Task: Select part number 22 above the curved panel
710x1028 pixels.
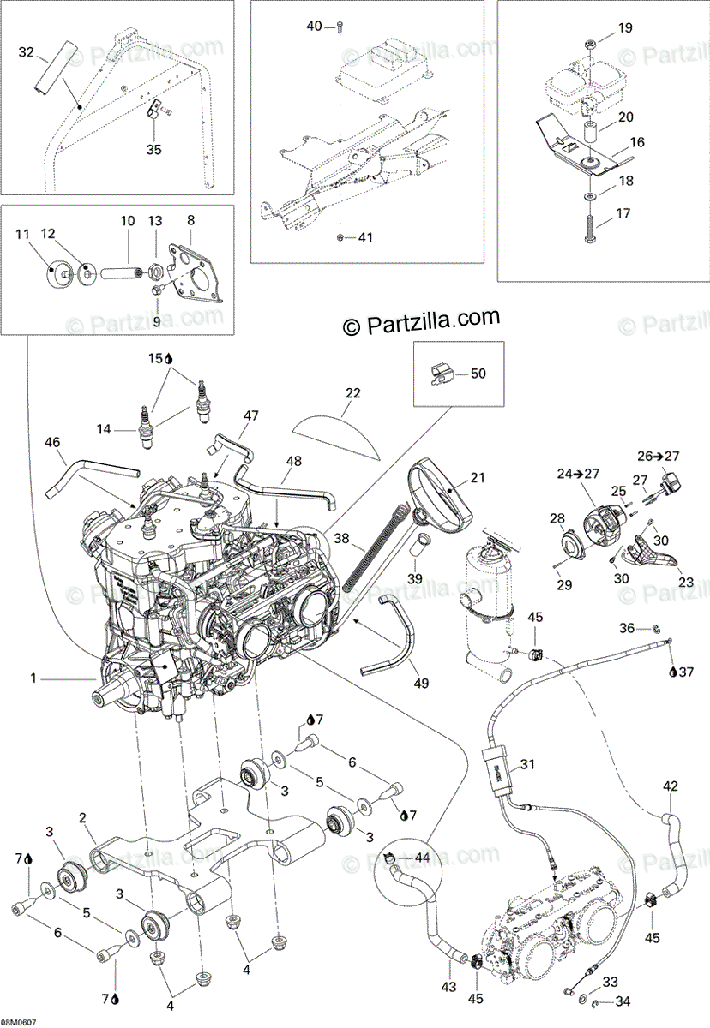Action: coord(352,393)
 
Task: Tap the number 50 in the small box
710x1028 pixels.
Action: coord(478,374)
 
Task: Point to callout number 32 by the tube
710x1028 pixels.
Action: coord(27,53)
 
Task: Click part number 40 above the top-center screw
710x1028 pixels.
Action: coord(315,27)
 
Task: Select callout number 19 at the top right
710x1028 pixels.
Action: coord(624,28)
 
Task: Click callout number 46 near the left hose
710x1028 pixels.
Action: coord(52,443)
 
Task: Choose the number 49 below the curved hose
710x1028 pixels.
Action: coord(419,684)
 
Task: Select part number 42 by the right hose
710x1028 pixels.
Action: coord(671,785)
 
